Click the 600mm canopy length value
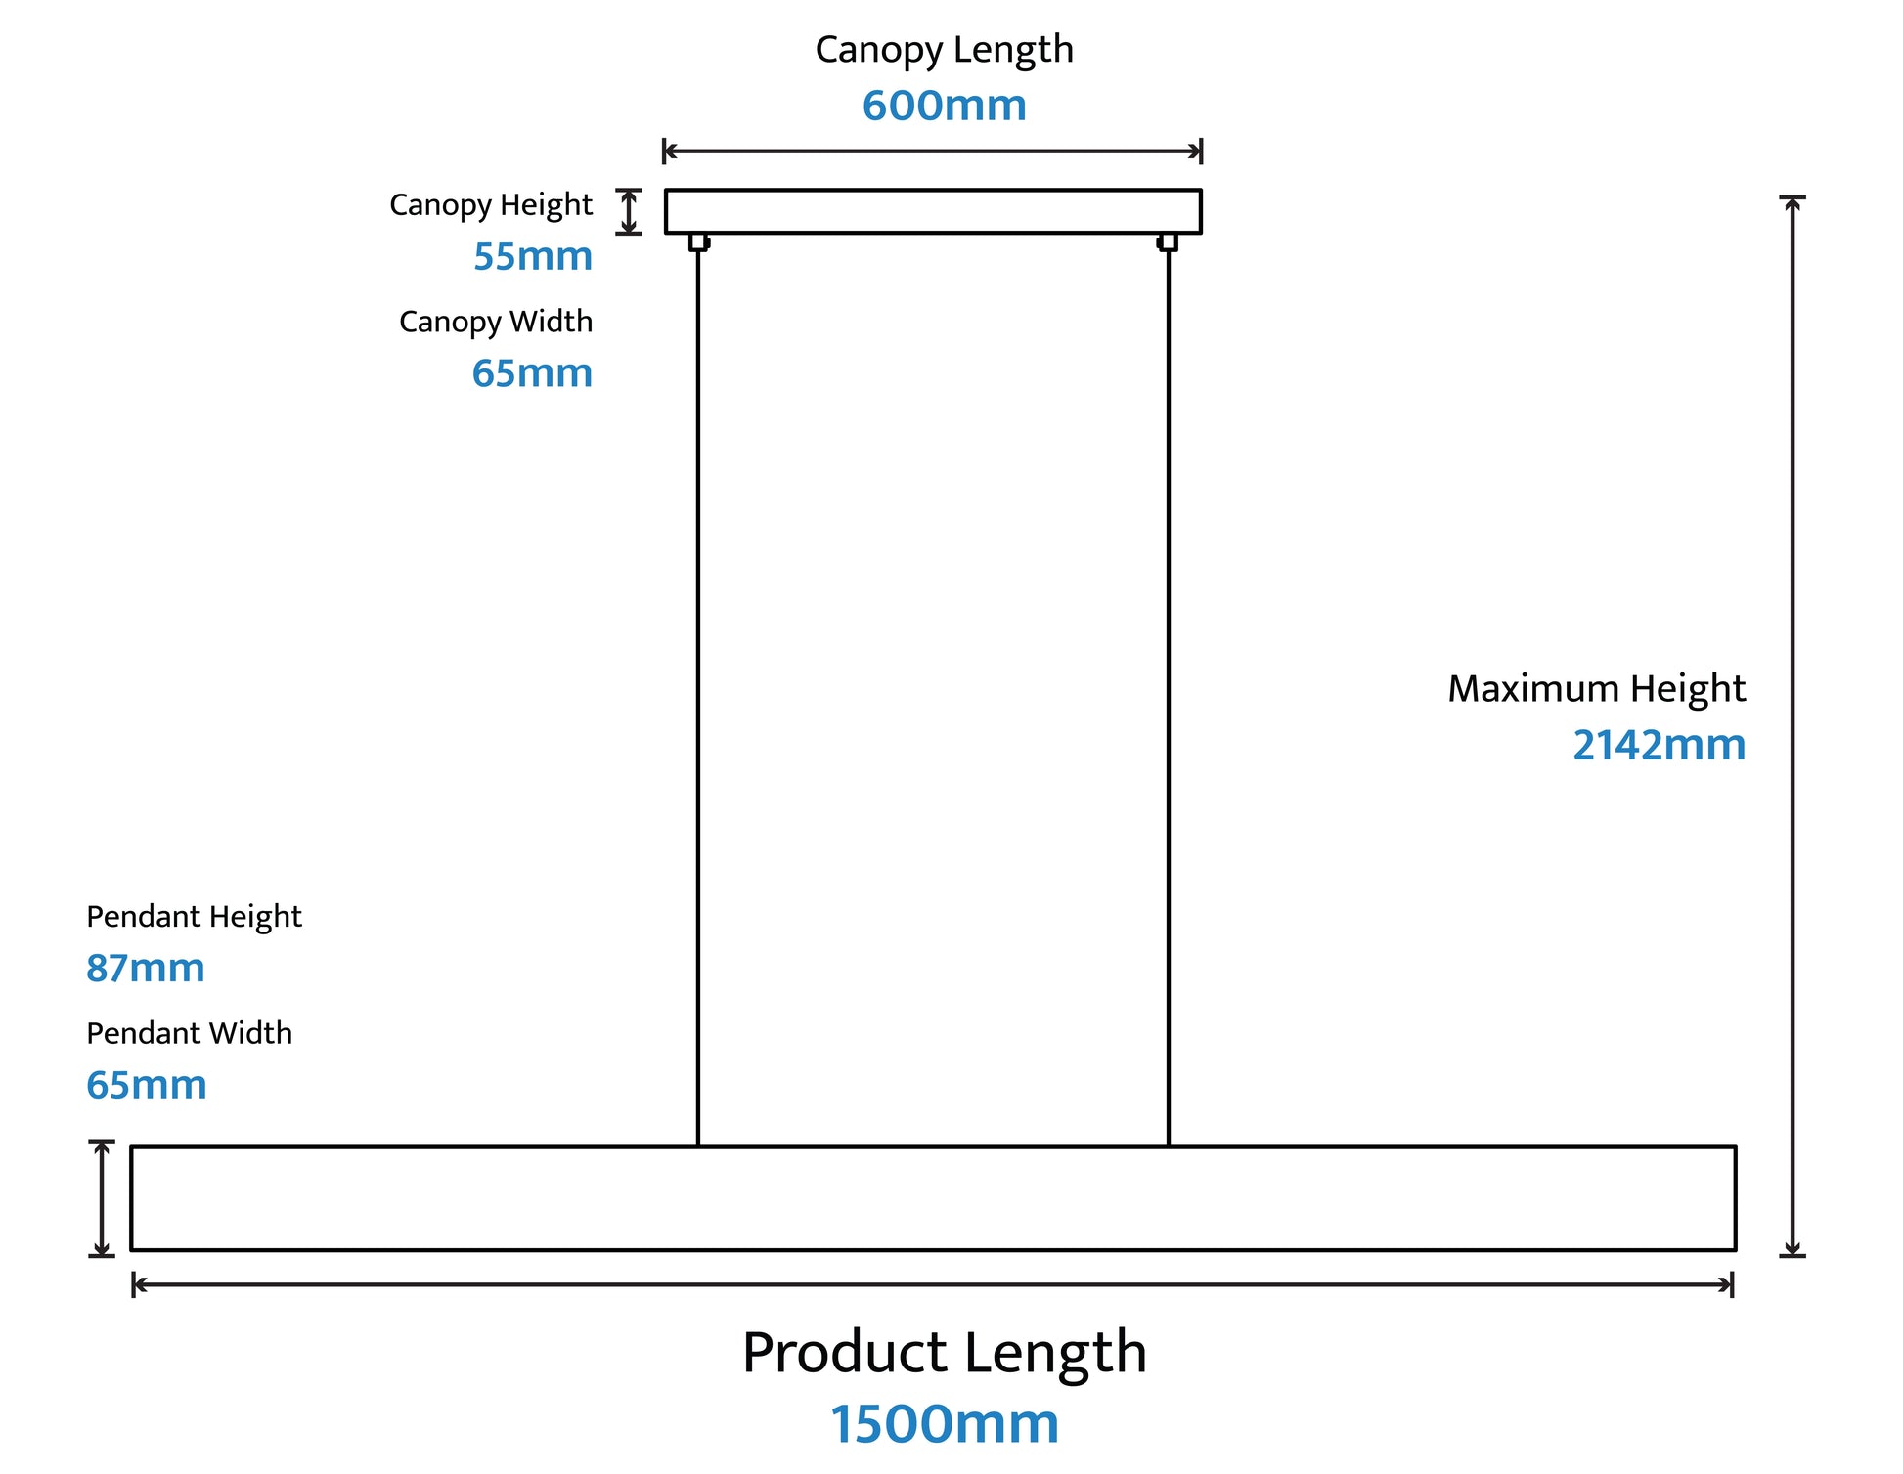coord(944,106)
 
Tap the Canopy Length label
coord(944,50)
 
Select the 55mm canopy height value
coord(533,256)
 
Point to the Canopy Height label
coord(491,205)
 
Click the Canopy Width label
coord(496,322)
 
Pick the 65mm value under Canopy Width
coord(532,373)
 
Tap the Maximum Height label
coord(1596,689)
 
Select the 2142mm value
coord(1659,745)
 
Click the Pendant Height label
coord(194,917)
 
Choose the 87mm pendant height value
coord(146,969)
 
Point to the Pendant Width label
coord(189,1033)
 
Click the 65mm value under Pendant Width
coord(147,1085)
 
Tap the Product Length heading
coord(944,1353)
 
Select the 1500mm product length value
coord(944,1424)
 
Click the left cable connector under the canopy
coord(698,241)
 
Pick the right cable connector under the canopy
coord(1168,241)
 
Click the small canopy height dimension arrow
coord(629,212)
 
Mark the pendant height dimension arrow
coord(102,1197)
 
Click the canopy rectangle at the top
coord(933,211)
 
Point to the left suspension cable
coord(698,684)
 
